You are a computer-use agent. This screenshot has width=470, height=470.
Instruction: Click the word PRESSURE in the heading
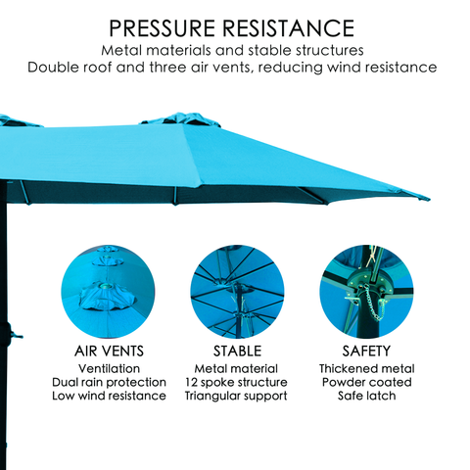(162, 28)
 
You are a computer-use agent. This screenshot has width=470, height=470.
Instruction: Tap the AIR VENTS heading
(109, 352)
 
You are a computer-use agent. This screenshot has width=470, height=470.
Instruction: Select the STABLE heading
(237, 352)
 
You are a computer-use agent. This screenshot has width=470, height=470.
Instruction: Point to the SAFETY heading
(366, 352)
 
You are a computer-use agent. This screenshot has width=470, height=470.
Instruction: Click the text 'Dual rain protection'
(109, 382)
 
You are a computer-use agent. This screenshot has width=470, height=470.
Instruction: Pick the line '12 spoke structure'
(236, 382)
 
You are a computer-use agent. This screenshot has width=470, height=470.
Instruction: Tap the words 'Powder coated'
(366, 382)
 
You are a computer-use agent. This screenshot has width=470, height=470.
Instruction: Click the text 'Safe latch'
(366, 396)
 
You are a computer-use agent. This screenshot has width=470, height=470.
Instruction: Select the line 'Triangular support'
(236, 397)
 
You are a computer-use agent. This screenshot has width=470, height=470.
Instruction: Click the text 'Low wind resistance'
(109, 396)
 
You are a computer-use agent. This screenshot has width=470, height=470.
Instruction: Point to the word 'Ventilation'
(109, 369)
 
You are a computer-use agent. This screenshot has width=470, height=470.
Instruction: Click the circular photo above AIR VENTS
(108, 292)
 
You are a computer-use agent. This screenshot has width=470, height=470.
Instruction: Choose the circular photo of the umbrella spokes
(237, 292)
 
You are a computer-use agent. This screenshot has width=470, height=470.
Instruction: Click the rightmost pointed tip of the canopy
(429, 198)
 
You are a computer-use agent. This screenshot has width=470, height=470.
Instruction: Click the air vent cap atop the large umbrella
(181, 119)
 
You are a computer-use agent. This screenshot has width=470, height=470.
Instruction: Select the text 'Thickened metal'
(367, 369)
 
